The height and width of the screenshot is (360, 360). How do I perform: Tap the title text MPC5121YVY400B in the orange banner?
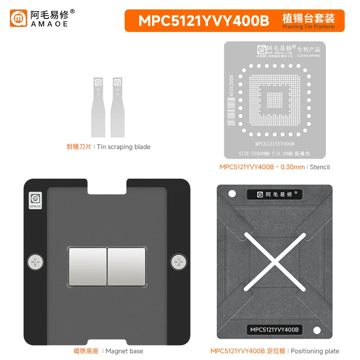(x=203, y=21)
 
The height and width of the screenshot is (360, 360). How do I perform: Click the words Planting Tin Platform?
(x=309, y=27)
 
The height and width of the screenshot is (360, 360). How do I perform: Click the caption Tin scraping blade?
(x=124, y=147)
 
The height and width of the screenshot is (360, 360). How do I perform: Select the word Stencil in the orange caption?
(x=320, y=167)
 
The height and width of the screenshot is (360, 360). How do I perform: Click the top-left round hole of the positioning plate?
(x=232, y=194)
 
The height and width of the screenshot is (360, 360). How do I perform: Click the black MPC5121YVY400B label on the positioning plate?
(x=274, y=330)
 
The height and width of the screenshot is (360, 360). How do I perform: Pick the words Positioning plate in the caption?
(x=315, y=351)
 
